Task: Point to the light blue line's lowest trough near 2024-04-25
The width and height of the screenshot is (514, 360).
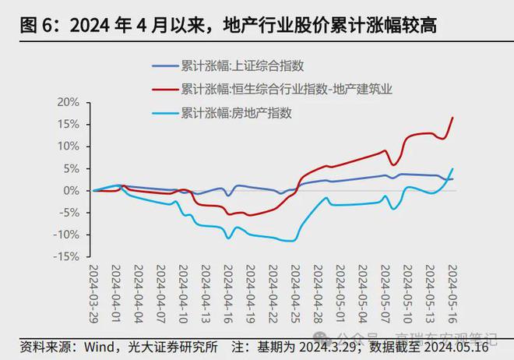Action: (x=292, y=241)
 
